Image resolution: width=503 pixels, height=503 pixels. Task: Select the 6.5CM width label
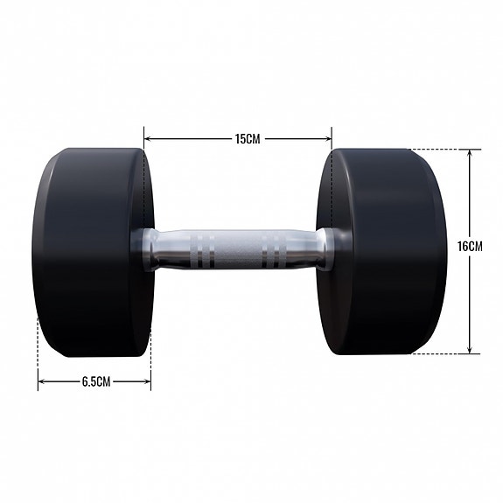95,381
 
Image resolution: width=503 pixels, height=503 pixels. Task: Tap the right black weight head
385,252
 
